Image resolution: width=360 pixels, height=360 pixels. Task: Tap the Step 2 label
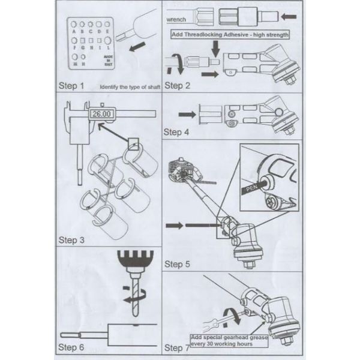[178, 85]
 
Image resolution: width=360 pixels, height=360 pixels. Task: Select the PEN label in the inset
[252, 189]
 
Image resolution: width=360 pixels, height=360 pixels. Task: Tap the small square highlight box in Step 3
[133, 143]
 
